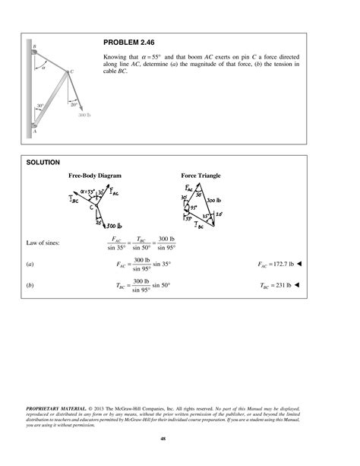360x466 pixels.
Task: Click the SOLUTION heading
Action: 38,162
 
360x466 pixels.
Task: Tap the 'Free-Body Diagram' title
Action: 95,176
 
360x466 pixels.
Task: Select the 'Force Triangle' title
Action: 201,176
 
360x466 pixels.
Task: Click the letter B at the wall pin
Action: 34,46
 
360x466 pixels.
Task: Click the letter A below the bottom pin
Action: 35,132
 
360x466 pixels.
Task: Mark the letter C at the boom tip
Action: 71,72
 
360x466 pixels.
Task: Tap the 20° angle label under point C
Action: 73,104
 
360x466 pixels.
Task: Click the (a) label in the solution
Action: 30,264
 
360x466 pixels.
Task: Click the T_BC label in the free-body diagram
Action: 73,200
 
